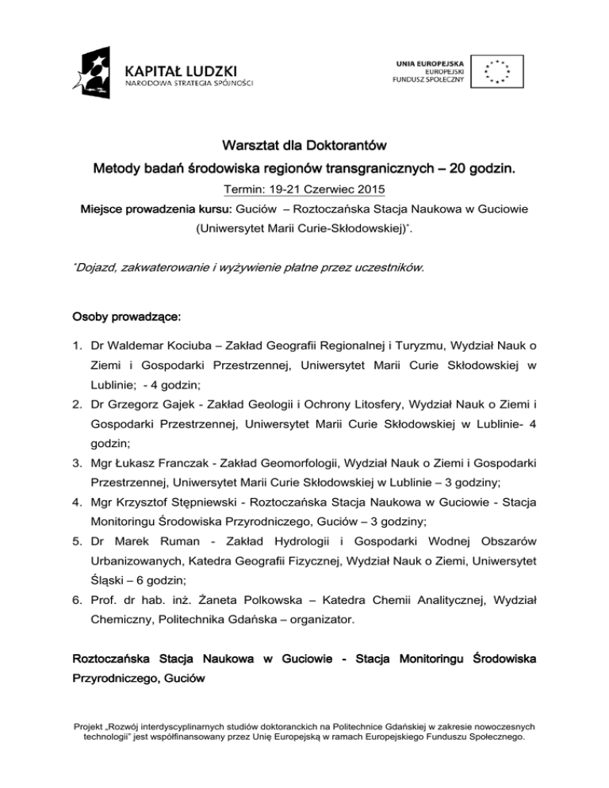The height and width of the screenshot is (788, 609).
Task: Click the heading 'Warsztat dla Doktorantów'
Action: coord(304,147)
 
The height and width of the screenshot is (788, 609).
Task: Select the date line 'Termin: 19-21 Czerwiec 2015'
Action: coord(304,191)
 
